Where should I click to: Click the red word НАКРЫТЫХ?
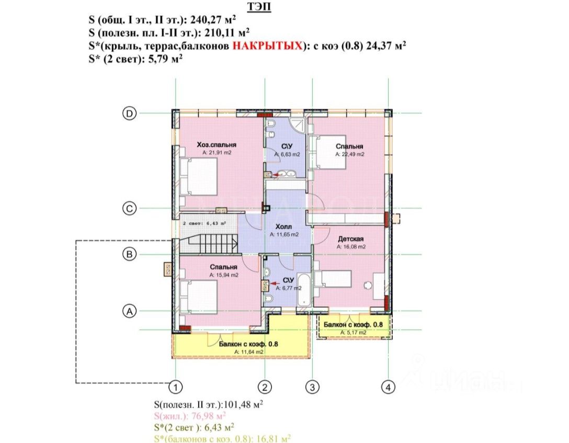[267, 46]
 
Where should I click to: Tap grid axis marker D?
[129, 113]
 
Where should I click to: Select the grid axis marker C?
[129, 209]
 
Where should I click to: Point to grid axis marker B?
[129, 255]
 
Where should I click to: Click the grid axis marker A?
[129, 311]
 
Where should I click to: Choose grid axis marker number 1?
[177, 387]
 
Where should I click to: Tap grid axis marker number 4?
[388, 387]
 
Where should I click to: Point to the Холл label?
[284, 228]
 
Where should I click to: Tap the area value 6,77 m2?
[291, 288]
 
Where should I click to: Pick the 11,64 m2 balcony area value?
[248, 352]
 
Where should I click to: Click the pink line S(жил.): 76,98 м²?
[190, 416]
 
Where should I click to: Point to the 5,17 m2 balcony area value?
[353, 332]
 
